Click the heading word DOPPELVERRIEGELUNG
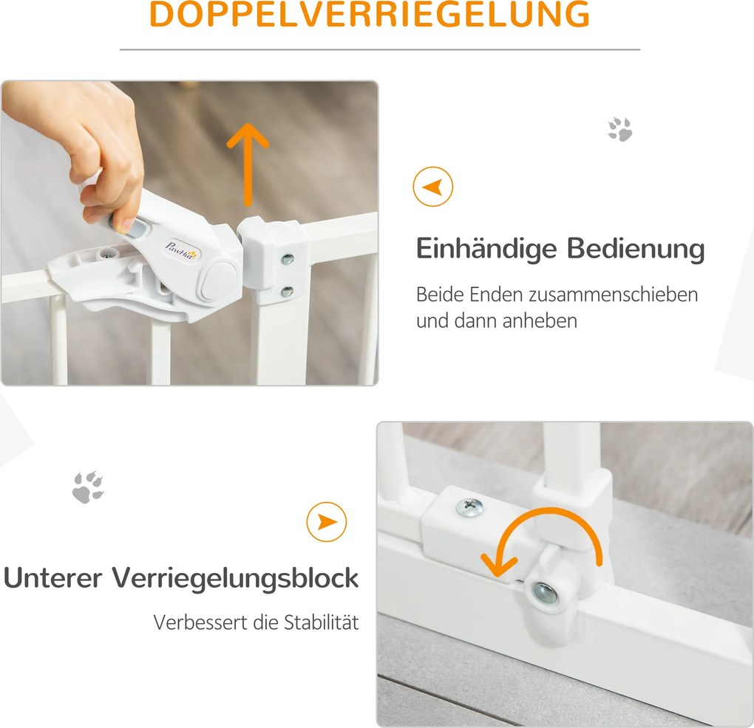point(370,14)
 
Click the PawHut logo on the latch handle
point(182,250)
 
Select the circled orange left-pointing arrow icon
point(432,186)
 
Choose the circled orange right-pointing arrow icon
point(327,522)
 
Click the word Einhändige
point(486,250)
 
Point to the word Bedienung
point(636,250)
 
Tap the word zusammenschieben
point(613,295)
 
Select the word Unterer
point(52,577)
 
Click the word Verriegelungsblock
point(236,578)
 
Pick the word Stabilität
point(322,622)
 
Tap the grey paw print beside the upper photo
point(620,128)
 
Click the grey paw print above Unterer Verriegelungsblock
point(88,487)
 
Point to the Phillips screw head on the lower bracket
point(470,506)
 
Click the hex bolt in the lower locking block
point(546,593)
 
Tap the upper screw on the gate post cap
point(288,259)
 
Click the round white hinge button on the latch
point(218,281)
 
